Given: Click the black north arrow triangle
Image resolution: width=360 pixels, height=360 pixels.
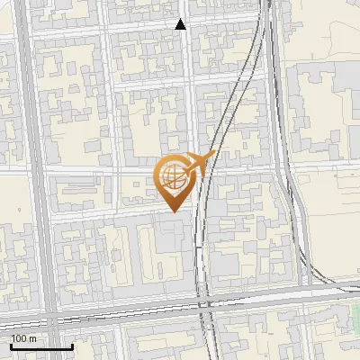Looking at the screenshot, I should coord(181,24).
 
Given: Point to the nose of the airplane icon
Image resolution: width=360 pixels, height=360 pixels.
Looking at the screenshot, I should coord(214,155).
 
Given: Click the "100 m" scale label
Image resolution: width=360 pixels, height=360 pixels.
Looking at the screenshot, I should coord(23,338).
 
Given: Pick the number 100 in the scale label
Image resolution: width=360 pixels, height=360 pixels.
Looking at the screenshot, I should coord(19,338).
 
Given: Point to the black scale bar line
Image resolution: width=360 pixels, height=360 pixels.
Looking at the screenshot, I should coord(40,346).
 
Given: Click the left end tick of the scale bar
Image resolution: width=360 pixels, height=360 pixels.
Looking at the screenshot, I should coord(10,344).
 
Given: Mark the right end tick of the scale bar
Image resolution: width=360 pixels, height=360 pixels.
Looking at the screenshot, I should coord(72,344).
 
